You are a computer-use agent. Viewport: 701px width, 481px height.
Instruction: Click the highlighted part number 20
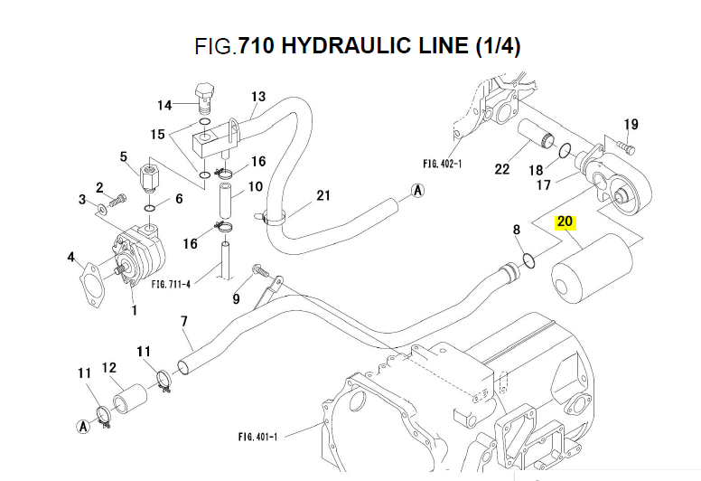click(565, 222)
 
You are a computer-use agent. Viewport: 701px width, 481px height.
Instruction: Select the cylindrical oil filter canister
click(589, 269)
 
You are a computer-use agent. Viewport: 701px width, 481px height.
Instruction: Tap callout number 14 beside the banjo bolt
click(165, 104)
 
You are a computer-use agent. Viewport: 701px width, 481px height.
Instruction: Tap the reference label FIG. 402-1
click(442, 165)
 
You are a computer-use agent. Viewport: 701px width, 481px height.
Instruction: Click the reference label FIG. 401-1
click(257, 438)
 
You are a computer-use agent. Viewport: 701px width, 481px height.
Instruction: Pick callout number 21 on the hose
click(322, 195)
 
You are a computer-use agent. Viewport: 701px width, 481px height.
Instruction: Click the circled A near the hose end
click(417, 190)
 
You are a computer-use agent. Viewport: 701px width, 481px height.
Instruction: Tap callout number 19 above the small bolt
click(631, 124)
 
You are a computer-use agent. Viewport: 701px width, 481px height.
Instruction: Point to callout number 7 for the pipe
click(184, 321)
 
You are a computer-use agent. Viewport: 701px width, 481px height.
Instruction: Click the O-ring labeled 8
click(531, 262)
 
